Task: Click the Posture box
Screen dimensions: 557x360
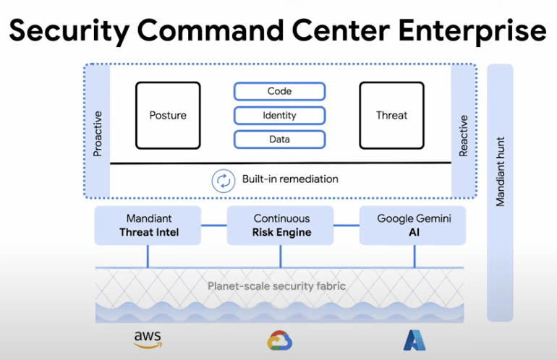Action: [x=168, y=116]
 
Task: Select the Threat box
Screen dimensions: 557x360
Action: [x=392, y=116]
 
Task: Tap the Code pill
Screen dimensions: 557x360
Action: [x=279, y=91]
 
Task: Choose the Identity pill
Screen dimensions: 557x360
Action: [x=279, y=116]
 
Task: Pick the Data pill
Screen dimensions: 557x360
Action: [x=279, y=140]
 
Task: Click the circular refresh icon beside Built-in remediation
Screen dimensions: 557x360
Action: [x=224, y=181]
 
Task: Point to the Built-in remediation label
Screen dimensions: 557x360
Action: [x=290, y=179]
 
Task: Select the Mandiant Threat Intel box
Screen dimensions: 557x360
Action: [x=148, y=226]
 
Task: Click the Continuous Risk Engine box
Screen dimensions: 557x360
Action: [x=280, y=226]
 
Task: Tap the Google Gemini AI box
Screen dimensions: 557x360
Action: [x=413, y=226]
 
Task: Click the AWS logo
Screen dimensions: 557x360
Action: [x=148, y=340]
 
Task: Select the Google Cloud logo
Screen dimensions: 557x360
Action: [x=280, y=340]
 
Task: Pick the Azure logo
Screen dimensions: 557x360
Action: [x=414, y=340]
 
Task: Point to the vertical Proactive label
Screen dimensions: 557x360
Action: [x=98, y=134]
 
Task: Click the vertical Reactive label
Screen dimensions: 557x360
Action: [x=463, y=136]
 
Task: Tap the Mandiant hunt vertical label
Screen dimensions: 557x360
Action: [x=500, y=171]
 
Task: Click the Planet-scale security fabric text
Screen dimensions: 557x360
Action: [x=277, y=286]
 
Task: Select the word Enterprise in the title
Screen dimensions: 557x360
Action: [x=472, y=31]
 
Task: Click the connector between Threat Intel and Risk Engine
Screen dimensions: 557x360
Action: [x=214, y=225]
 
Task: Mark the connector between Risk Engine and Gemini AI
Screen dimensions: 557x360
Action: [x=346, y=225]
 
